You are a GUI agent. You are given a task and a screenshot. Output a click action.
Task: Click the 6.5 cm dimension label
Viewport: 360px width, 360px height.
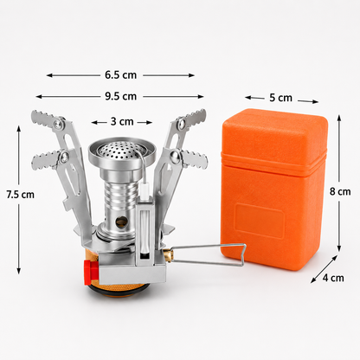click(120, 75)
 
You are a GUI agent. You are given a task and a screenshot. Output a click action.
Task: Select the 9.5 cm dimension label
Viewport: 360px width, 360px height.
click(120, 96)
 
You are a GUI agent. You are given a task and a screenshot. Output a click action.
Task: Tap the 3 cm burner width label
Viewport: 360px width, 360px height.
click(122, 122)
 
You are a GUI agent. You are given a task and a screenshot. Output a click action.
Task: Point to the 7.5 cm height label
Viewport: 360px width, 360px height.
click(21, 195)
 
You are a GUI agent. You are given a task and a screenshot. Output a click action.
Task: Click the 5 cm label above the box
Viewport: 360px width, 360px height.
click(281, 98)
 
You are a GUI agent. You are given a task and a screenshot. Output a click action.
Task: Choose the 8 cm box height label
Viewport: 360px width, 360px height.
click(340, 191)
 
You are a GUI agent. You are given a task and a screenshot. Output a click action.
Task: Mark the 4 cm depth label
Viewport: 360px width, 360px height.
click(333, 278)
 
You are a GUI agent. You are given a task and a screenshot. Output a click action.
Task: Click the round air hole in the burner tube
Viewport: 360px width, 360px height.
click(121, 222)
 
